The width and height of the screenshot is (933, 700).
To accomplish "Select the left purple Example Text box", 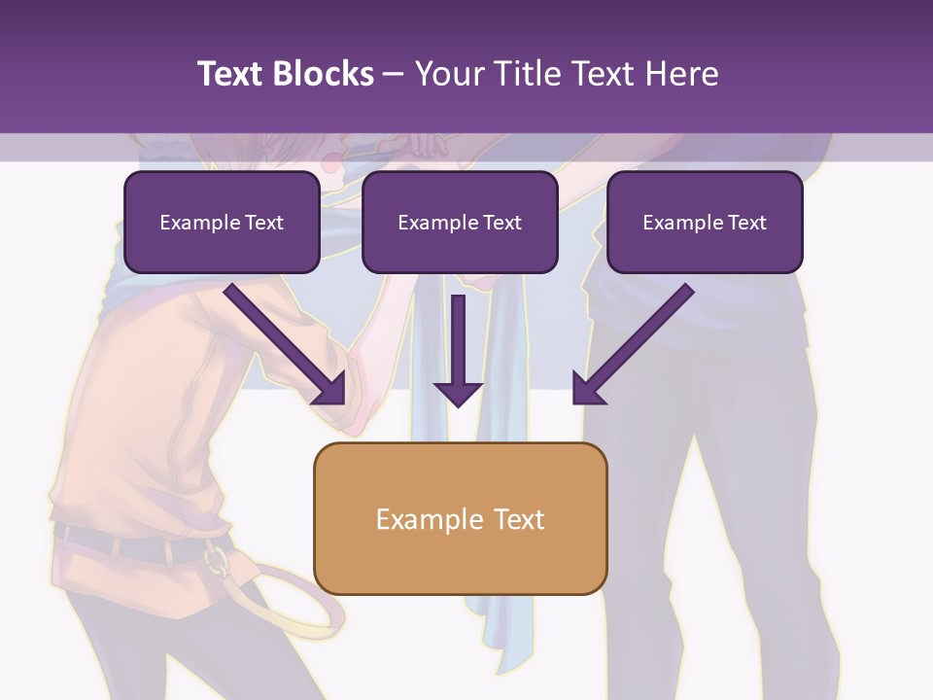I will point(222,222).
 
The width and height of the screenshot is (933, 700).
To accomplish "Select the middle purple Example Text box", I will point(460,222).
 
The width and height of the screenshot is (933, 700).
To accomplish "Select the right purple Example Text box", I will point(705,222).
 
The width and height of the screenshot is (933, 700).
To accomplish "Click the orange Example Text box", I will point(460,518).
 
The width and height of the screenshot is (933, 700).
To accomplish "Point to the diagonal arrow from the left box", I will point(282,342).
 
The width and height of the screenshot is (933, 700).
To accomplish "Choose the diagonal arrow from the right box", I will point(637,342).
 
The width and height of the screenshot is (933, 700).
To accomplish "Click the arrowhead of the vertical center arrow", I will point(458,393).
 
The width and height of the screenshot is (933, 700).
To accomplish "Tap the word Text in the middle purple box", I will point(502,223).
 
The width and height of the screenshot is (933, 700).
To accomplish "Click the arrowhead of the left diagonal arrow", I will point(330,390).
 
